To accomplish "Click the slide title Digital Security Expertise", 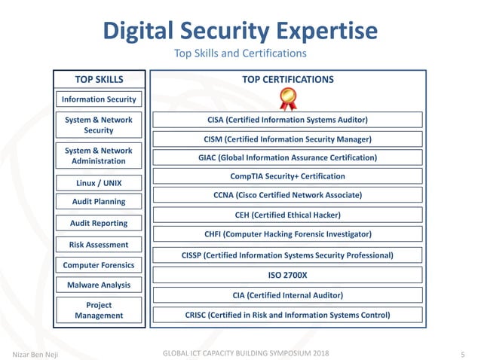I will tap(240, 31).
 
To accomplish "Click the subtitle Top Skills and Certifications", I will tap(240, 53).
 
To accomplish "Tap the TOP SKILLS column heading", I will tap(99, 79).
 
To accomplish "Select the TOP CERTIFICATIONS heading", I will tap(287, 79).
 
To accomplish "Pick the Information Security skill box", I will tap(99, 99).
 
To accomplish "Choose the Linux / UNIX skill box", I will tap(99, 183).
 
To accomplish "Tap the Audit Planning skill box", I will tap(99, 202).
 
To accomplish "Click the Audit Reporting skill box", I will tap(99, 223).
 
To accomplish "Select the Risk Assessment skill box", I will tap(99, 244).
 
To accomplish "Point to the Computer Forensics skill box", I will tap(99, 265).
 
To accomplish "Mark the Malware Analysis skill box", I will tap(99, 285).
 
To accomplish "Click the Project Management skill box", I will tap(99, 310).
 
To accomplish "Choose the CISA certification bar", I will tap(287, 119).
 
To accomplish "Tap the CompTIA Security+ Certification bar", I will tap(287, 176).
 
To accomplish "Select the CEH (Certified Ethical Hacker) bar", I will tap(287, 215).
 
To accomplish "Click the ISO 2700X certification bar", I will tap(287, 276).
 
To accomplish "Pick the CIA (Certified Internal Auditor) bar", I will tap(287, 295).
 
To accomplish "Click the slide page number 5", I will tap(461, 353).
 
